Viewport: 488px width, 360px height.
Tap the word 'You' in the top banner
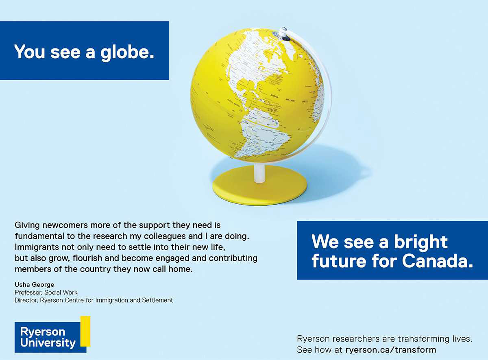29,52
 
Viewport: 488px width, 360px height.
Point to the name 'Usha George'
34,284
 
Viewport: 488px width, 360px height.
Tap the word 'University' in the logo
48,343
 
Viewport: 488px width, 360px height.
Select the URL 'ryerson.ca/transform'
390,350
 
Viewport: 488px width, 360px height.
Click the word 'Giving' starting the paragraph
27,225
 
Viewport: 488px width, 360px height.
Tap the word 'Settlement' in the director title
157,300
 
